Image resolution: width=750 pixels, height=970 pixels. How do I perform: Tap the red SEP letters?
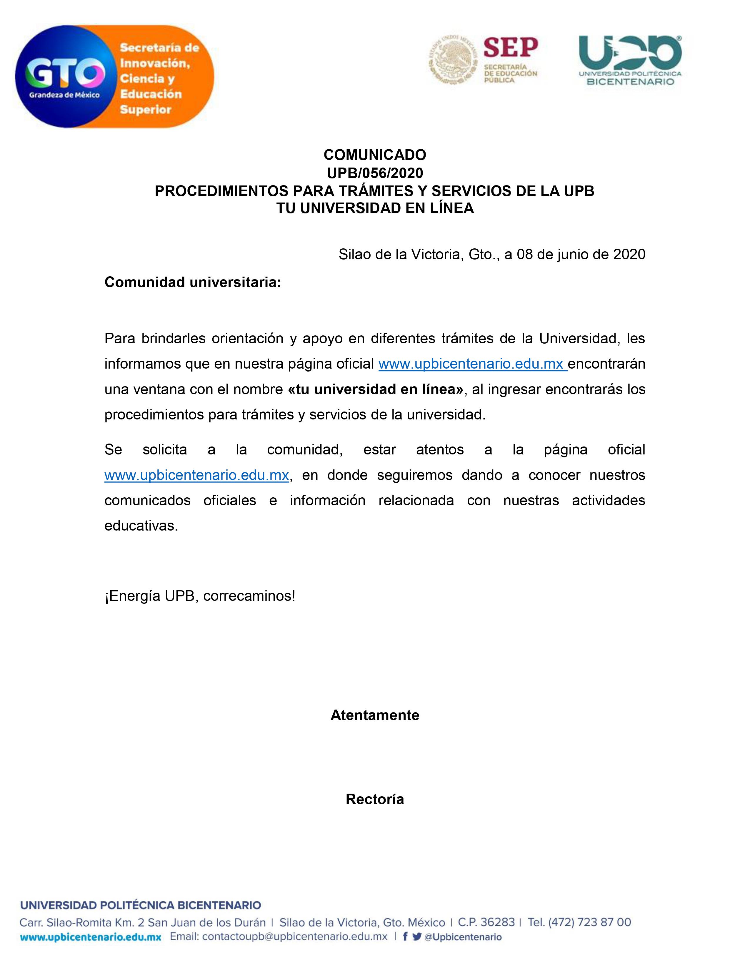(511, 48)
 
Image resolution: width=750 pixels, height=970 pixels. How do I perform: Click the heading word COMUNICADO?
(374, 155)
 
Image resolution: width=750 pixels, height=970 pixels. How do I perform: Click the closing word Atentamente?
(374, 715)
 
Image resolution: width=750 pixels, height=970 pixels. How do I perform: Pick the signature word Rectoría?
(374, 799)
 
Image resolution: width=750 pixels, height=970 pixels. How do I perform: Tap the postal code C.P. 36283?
(486, 922)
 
